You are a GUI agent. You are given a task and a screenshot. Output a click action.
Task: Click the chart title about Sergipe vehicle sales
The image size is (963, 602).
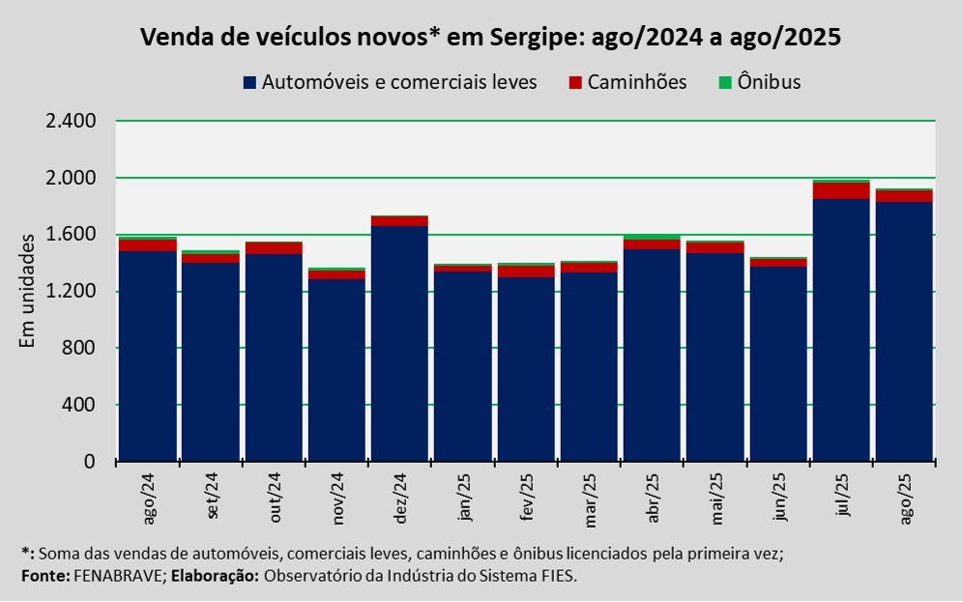491,38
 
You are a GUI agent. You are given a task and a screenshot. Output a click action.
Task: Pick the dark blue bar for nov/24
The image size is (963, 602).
336,370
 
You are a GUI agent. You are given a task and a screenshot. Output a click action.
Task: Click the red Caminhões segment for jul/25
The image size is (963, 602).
841,190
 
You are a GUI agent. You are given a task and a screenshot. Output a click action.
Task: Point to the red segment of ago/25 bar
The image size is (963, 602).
904,196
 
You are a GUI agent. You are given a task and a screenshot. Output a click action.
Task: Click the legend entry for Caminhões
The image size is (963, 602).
627,82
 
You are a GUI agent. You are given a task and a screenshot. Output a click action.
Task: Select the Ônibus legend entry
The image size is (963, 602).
758,82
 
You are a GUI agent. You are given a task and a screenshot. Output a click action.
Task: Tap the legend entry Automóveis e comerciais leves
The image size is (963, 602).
390,82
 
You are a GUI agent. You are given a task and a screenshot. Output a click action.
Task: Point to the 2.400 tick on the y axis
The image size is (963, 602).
71,122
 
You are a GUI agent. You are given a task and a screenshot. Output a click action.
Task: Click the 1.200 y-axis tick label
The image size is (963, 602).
71,292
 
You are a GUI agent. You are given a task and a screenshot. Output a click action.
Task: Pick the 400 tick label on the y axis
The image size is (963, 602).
79,405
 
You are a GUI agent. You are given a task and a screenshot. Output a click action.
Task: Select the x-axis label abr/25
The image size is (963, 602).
653,498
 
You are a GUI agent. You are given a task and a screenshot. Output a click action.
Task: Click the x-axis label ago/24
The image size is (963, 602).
149,500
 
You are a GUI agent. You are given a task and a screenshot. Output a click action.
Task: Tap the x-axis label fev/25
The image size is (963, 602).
527,498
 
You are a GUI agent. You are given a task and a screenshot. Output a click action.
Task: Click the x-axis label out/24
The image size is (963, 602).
276,499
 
